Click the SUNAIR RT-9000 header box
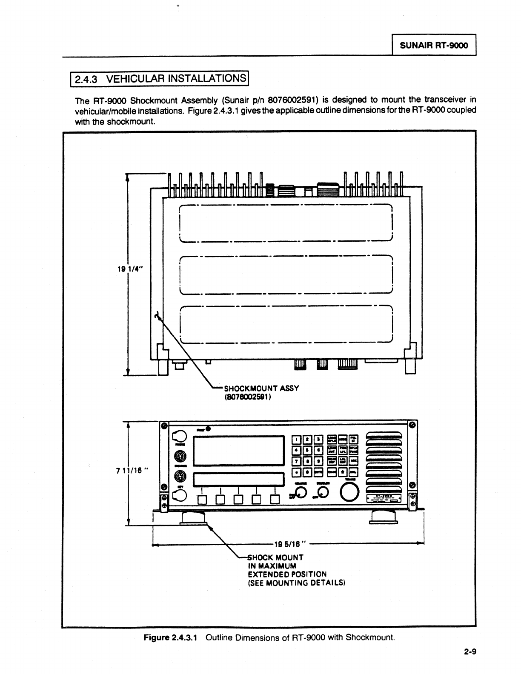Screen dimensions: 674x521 point(433,45)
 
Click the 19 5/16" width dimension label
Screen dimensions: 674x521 point(290,543)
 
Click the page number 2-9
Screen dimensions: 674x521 point(469,651)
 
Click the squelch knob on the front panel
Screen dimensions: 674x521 point(323,492)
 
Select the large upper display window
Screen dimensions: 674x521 point(239,451)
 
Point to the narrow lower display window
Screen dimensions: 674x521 point(239,479)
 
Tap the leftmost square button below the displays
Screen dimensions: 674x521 point(202,499)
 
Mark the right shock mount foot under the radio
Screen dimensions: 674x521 point(384,517)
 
